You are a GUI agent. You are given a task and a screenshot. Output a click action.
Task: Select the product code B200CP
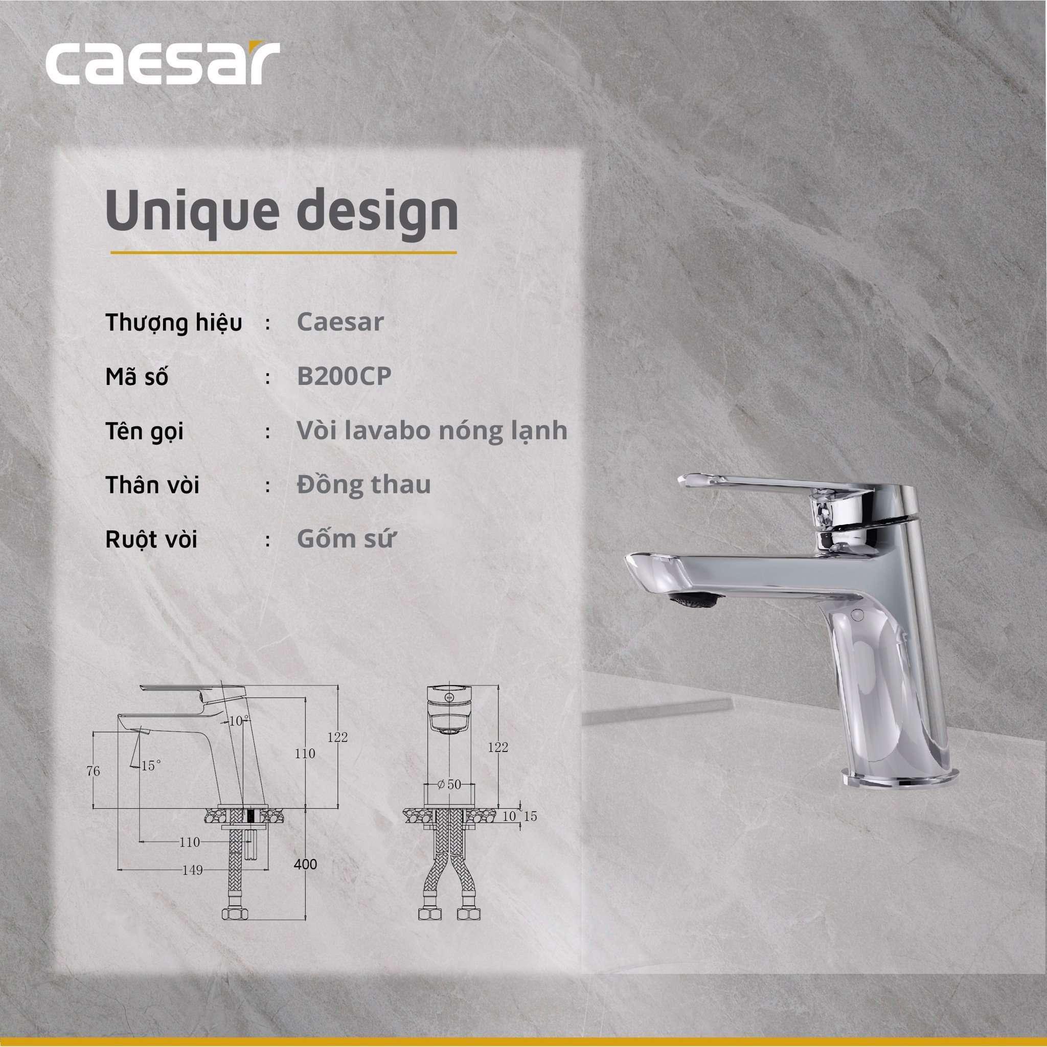[344, 376]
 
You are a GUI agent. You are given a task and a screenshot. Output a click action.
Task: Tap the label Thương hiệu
[173, 323]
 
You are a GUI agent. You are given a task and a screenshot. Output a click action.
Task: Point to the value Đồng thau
[363, 484]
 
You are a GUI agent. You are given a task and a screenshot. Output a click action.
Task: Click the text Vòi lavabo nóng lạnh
[432, 431]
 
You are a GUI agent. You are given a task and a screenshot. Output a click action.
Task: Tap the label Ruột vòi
[151, 540]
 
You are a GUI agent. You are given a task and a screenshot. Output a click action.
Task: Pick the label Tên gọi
[144, 432]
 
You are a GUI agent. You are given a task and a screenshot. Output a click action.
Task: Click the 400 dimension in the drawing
[306, 864]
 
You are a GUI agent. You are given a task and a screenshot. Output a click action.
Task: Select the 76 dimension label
[93, 771]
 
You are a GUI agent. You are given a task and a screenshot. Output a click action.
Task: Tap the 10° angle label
[238, 721]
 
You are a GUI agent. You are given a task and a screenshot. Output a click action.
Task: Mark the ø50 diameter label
[449, 784]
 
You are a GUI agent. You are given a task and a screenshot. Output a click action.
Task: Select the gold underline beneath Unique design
[283, 253]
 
